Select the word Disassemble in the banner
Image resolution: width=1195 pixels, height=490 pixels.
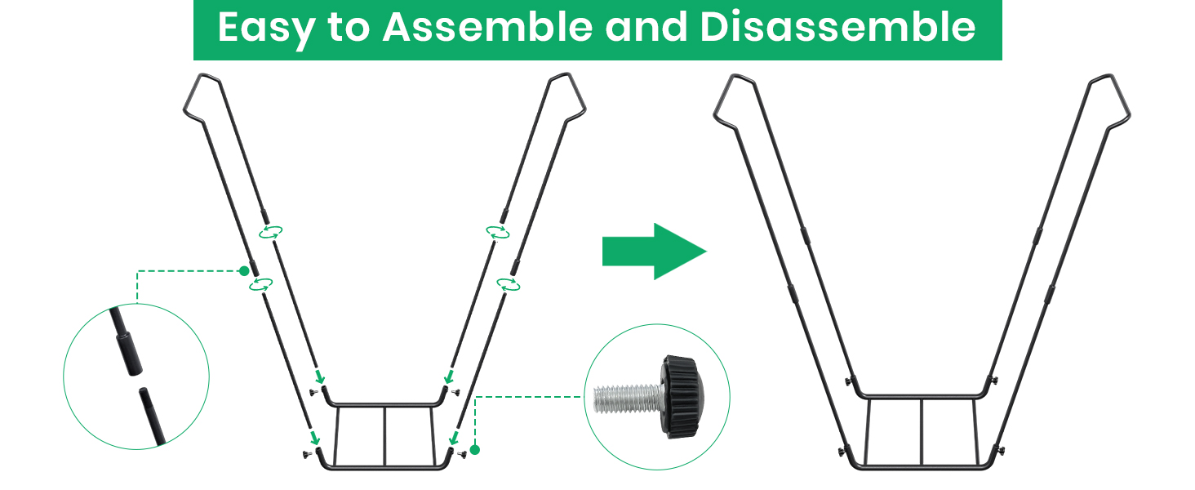pyautogui.click(x=838, y=27)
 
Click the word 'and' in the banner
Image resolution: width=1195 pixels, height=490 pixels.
pyautogui.click(x=646, y=27)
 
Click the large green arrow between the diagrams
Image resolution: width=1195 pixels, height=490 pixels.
pyautogui.click(x=655, y=252)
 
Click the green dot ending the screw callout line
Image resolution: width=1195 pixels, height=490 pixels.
pyautogui.click(x=475, y=450)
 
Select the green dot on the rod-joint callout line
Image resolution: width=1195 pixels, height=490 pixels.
pyautogui.click(x=244, y=271)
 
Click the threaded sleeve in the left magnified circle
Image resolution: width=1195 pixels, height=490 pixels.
pyautogui.click(x=128, y=353)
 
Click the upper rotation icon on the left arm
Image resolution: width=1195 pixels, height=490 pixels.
pyautogui.click(x=270, y=232)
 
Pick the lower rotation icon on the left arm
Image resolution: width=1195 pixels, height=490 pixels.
pyautogui.click(x=261, y=284)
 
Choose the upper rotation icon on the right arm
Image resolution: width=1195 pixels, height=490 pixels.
pyautogui.click(x=498, y=232)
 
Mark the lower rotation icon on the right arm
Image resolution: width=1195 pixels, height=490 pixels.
pyautogui.click(x=509, y=284)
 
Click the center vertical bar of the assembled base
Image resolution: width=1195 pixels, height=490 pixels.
pyautogui.click(x=922, y=431)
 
